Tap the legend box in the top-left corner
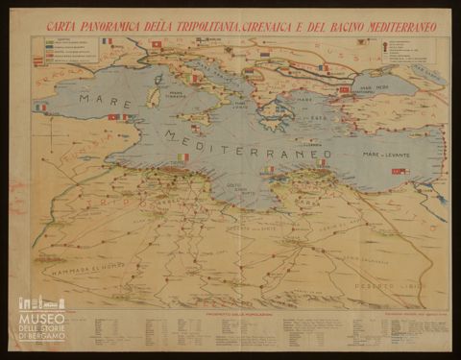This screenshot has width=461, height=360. pos(65,52)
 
